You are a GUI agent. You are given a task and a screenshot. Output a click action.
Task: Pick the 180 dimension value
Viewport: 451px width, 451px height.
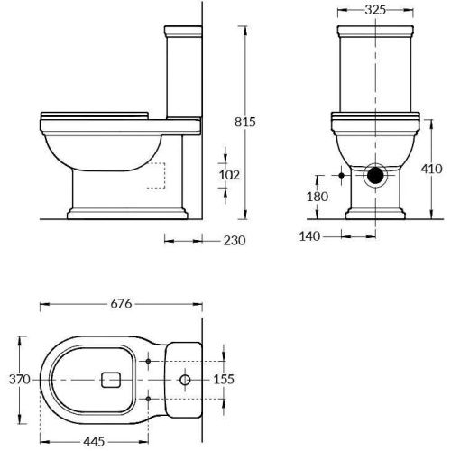[318, 197]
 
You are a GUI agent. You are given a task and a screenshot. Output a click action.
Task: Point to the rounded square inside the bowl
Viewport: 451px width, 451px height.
[113, 380]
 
